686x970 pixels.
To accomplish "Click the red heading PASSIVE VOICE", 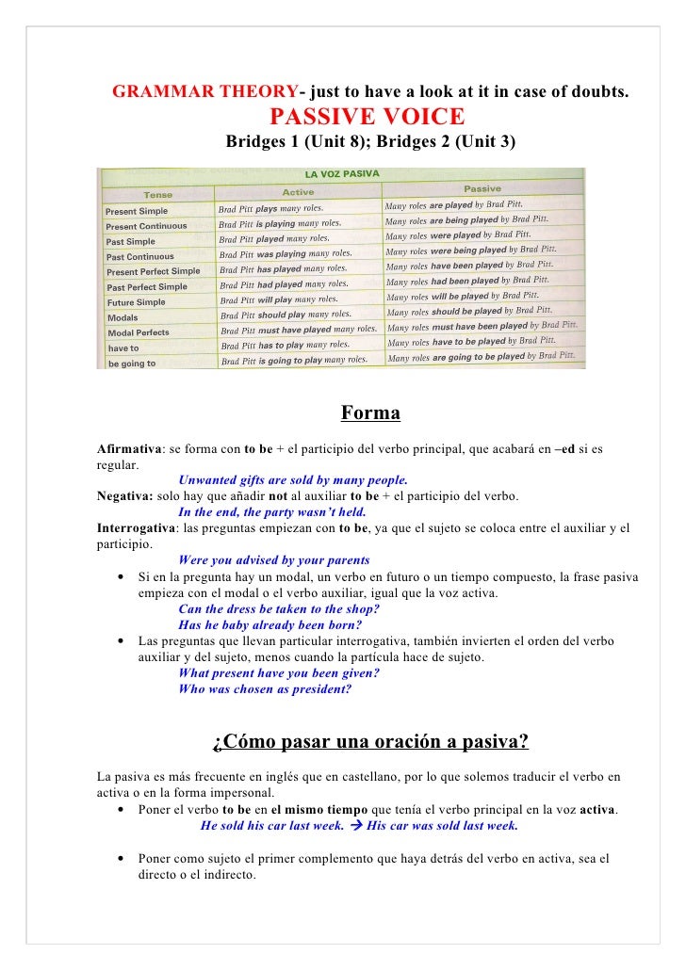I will click(x=367, y=118).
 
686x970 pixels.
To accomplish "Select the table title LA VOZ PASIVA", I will click(x=341, y=174).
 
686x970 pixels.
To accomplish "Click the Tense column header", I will click(x=157, y=194).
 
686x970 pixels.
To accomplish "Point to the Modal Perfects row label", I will click(x=138, y=332).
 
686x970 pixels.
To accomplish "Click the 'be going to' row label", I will click(x=131, y=364).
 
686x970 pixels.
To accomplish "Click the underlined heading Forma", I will click(x=370, y=413).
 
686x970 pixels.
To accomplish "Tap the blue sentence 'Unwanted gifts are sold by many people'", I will click(x=293, y=480).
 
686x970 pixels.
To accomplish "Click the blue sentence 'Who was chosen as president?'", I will click(x=264, y=689).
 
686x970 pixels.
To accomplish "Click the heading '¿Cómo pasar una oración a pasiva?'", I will click(x=370, y=742).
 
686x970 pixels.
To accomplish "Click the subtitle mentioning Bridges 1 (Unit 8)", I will click(x=370, y=143).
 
